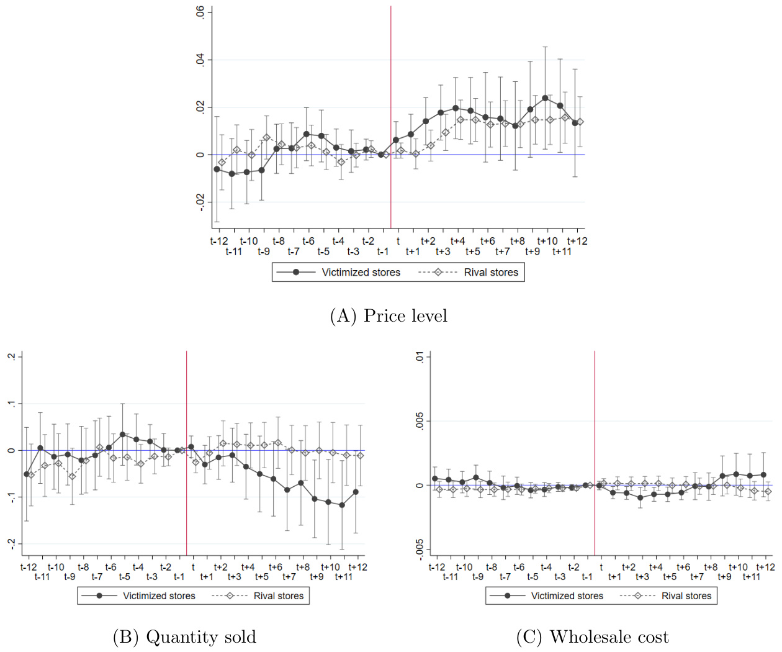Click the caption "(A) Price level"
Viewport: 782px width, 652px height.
pos(389,316)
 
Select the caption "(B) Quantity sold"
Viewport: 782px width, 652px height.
pos(184,637)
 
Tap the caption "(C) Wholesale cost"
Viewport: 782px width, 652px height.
pos(593,637)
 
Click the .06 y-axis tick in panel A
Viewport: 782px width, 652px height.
pos(200,12)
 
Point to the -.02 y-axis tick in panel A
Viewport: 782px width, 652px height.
pos(200,202)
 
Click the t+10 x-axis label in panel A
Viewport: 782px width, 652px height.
pos(547,241)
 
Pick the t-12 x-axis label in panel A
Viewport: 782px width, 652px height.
pos(219,241)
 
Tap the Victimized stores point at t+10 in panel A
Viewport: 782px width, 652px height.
pos(545,98)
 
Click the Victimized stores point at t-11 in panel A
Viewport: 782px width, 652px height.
pos(231,174)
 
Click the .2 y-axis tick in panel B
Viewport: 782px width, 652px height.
pos(11,356)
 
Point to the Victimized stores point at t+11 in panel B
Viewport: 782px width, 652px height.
pos(342,505)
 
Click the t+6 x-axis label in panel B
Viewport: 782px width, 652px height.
pos(276,567)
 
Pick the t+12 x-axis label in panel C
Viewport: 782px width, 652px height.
pos(765,567)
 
